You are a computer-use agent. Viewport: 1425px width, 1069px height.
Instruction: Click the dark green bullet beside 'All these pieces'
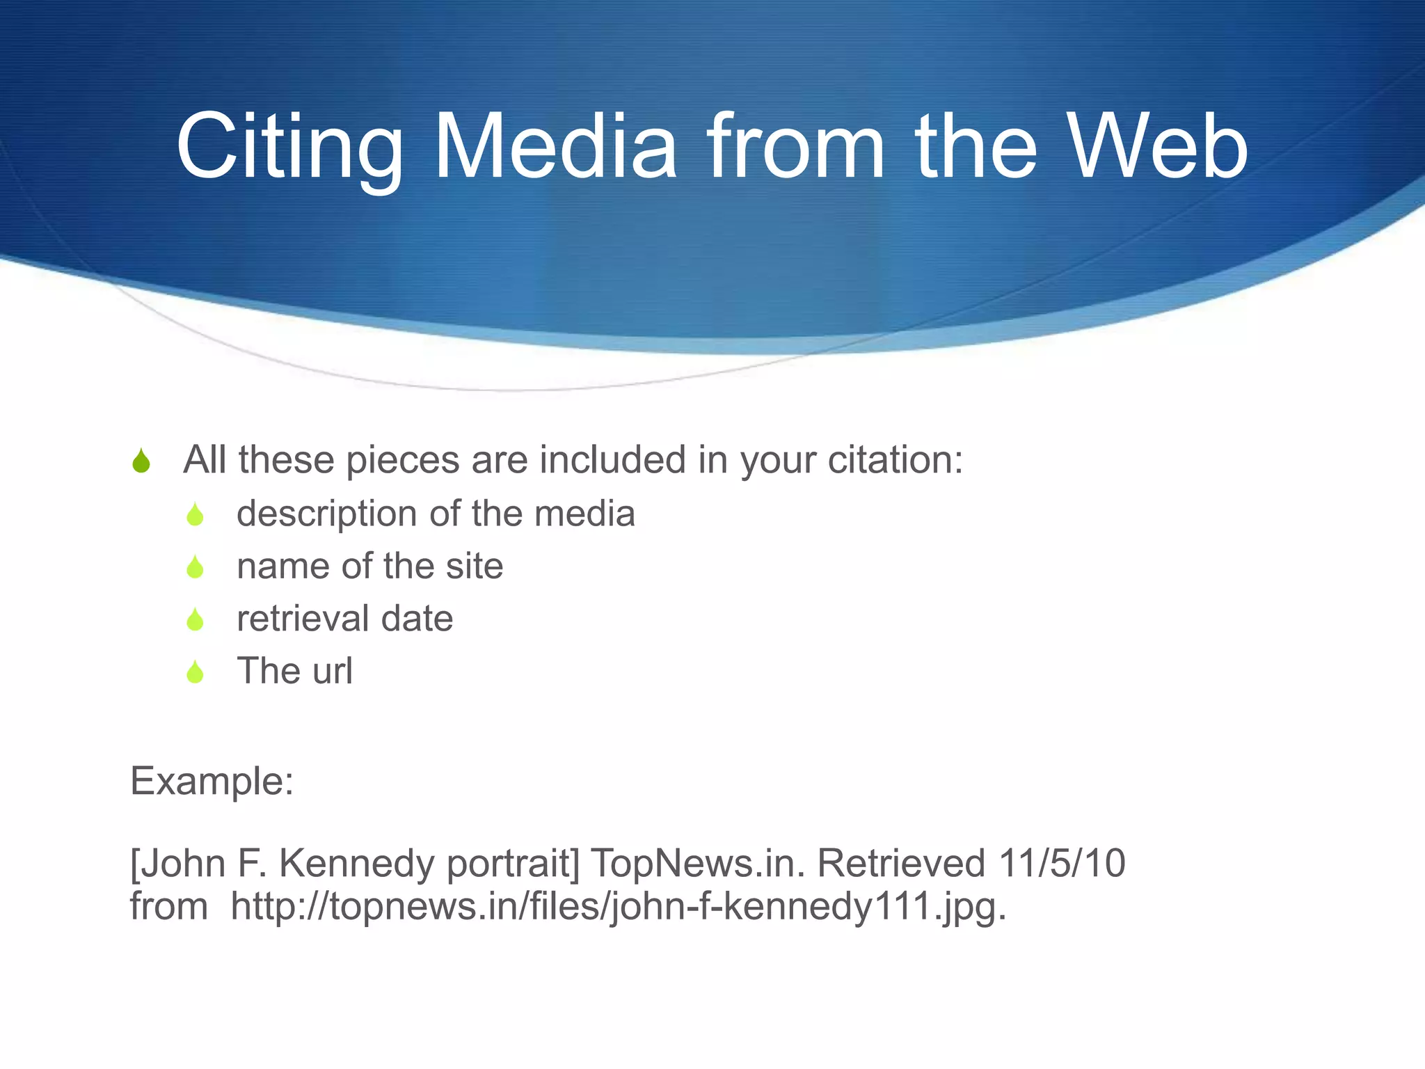pos(141,461)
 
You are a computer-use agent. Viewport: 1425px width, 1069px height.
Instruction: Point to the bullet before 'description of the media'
pos(196,515)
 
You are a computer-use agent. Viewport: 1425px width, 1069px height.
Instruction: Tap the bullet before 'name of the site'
pos(196,567)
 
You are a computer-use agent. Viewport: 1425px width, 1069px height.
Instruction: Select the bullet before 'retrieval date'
pos(196,619)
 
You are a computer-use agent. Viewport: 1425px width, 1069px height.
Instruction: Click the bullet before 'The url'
pos(196,672)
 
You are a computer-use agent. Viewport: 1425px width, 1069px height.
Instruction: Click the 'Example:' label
pos(212,782)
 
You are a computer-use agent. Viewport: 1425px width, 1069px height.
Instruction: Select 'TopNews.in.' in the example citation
pos(697,864)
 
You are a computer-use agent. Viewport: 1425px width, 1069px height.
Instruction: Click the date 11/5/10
pos(1062,864)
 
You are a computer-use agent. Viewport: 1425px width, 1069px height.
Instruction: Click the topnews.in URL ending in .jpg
pos(618,907)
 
